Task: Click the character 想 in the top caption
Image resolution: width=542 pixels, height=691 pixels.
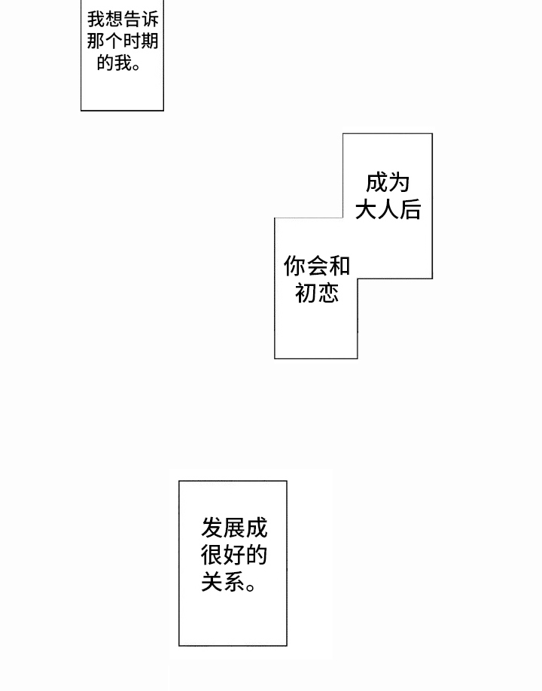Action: tap(113, 19)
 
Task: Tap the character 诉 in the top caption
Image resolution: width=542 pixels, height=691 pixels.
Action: tap(150, 19)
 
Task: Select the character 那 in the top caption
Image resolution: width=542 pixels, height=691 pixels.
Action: tap(95, 41)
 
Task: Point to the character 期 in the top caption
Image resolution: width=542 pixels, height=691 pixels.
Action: tap(150, 41)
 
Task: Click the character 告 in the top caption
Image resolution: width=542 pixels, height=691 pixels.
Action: tap(131, 19)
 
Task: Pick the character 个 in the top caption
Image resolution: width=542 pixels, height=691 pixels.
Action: tap(113, 41)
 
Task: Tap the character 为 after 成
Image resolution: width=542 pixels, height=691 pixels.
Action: tap(399, 184)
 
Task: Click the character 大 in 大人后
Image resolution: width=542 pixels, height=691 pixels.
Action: tap(366, 209)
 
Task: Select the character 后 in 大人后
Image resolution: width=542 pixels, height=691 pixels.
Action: tap(410, 209)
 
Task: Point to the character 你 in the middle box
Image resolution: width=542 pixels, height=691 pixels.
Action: tap(294, 266)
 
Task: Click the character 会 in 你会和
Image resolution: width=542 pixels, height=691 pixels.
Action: tap(317, 266)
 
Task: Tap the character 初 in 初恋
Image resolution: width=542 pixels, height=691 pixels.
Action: tap(306, 292)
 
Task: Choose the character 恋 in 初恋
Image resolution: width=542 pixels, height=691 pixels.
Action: tap(328, 292)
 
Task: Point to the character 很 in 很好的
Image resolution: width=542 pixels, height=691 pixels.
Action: tap(212, 556)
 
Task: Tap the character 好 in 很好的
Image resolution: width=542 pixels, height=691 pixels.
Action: tap(234, 556)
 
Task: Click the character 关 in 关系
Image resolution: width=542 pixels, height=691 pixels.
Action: tap(212, 582)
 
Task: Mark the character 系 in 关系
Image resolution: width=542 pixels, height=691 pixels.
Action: tap(234, 582)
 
